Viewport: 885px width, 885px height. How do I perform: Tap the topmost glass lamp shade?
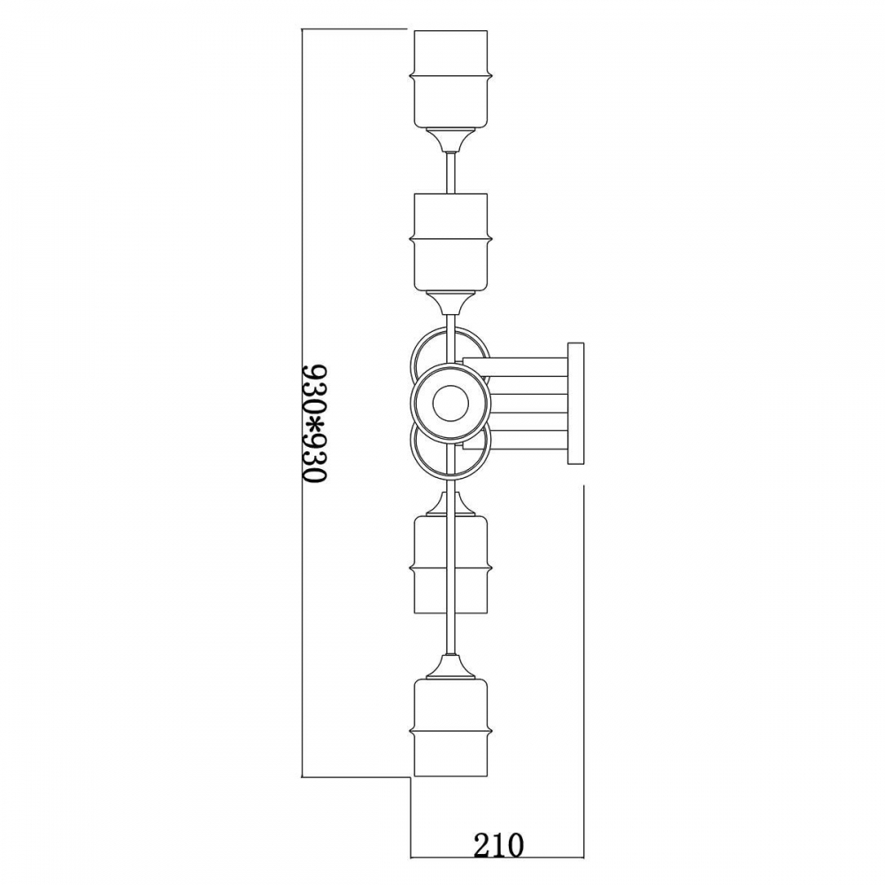[450, 79]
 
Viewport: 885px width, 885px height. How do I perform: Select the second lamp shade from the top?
[450, 242]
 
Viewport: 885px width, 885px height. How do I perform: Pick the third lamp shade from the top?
[450, 565]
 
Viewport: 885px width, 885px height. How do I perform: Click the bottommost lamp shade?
[450, 727]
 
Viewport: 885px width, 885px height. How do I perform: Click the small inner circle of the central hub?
[450, 403]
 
